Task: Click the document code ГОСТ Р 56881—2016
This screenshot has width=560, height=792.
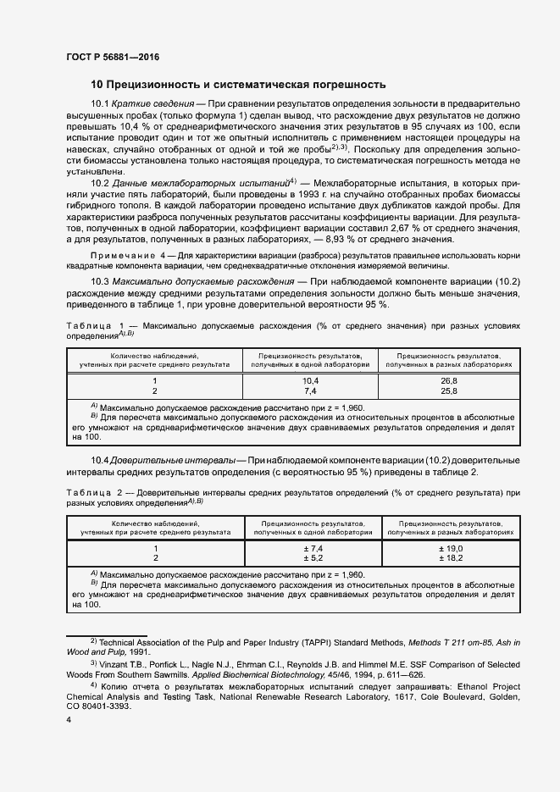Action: pyautogui.click(x=112, y=58)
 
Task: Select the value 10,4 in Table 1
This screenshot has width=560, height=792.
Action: pyautogui.click(x=310, y=381)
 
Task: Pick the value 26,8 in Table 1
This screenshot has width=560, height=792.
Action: pyautogui.click(x=448, y=381)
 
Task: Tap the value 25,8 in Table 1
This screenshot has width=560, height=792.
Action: pyautogui.click(x=448, y=391)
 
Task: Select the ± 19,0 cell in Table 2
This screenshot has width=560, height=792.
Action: pyautogui.click(x=448, y=549)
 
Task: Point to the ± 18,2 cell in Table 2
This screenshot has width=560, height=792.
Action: pyautogui.click(x=448, y=559)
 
